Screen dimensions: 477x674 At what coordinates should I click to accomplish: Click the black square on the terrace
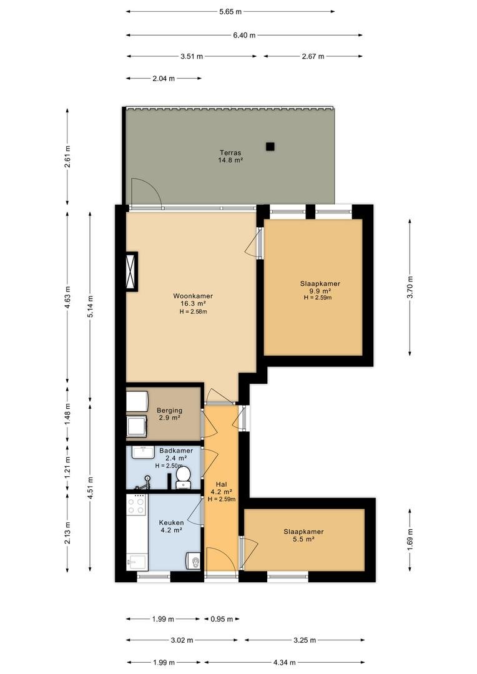tap(270, 147)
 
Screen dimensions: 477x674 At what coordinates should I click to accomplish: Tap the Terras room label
tap(230, 153)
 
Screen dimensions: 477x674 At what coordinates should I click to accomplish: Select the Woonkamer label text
tap(193, 296)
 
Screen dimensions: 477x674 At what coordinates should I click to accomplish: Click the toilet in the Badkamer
tap(184, 478)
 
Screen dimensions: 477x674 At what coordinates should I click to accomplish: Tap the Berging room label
tap(169, 411)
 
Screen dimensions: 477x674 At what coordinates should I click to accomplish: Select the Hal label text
tap(222, 484)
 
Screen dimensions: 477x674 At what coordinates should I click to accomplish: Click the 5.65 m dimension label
tap(230, 12)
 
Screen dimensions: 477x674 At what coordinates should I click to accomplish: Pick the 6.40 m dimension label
tap(244, 35)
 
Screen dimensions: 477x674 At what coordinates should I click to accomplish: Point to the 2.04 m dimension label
tap(164, 78)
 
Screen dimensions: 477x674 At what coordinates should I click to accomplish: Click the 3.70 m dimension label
tap(410, 287)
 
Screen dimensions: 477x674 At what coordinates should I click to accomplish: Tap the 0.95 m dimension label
tap(222, 619)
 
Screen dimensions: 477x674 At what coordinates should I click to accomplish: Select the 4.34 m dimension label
tap(285, 662)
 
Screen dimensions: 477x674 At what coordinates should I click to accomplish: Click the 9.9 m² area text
tap(320, 291)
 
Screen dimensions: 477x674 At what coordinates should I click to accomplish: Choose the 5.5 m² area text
tap(303, 539)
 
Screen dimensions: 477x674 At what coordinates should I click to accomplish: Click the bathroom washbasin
tap(142, 452)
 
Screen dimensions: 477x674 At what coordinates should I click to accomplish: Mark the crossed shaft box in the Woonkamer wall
tap(131, 271)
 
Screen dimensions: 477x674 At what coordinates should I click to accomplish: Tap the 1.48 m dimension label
tap(67, 415)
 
